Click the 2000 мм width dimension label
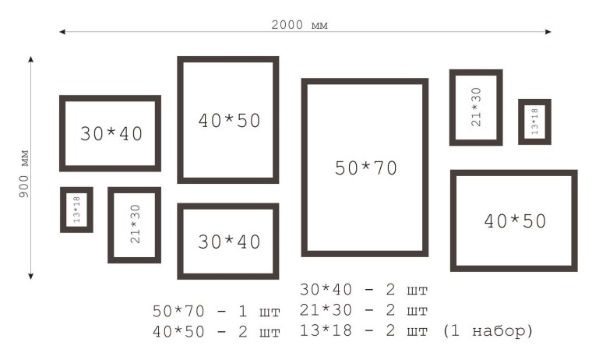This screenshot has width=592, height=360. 299,25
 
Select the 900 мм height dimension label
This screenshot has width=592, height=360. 23,174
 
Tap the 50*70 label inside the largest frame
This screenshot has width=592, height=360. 366,168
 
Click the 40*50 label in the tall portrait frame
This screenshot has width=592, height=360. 229,121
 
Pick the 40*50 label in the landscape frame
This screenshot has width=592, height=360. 515,221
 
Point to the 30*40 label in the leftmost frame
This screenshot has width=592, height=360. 111,134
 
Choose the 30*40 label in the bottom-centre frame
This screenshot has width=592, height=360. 229,242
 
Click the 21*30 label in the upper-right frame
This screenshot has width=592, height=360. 477,107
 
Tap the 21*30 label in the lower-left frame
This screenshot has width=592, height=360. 135,224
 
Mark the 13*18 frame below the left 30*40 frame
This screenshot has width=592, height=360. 62,210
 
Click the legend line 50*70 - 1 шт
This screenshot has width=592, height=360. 217,311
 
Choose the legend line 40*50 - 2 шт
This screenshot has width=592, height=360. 217,332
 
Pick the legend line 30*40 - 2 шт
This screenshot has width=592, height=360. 364,290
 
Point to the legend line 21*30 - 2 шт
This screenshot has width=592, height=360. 364,310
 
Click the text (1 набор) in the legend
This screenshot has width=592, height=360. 488,331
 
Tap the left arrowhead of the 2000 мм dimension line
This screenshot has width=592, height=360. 62,32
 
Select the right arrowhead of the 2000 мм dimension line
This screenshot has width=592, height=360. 548,32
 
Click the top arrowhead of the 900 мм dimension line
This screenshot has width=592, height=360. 31,59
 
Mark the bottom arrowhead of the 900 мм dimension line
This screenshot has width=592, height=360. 31,277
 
